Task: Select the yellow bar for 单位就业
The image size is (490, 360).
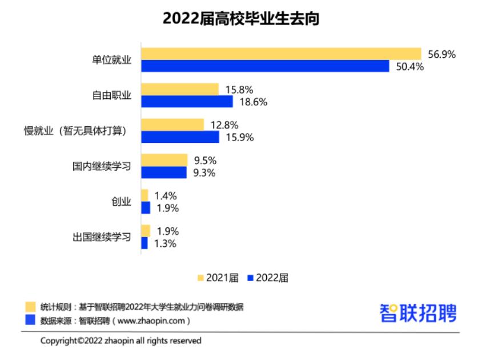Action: point(280,54)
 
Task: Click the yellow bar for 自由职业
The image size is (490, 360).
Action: point(180,89)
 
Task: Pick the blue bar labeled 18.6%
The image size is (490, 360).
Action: point(187,102)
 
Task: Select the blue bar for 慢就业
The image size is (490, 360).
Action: point(180,137)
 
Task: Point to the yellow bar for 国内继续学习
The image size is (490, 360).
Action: point(164,160)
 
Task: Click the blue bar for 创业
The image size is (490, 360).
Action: point(146,208)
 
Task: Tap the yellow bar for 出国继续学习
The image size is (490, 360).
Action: point(146,231)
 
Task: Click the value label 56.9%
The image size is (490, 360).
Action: point(441,54)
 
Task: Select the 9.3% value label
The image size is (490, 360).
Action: point(204,173)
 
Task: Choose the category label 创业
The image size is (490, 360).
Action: point(121,202)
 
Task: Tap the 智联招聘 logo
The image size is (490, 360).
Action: point(418,313)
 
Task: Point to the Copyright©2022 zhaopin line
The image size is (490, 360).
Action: point(121,341)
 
